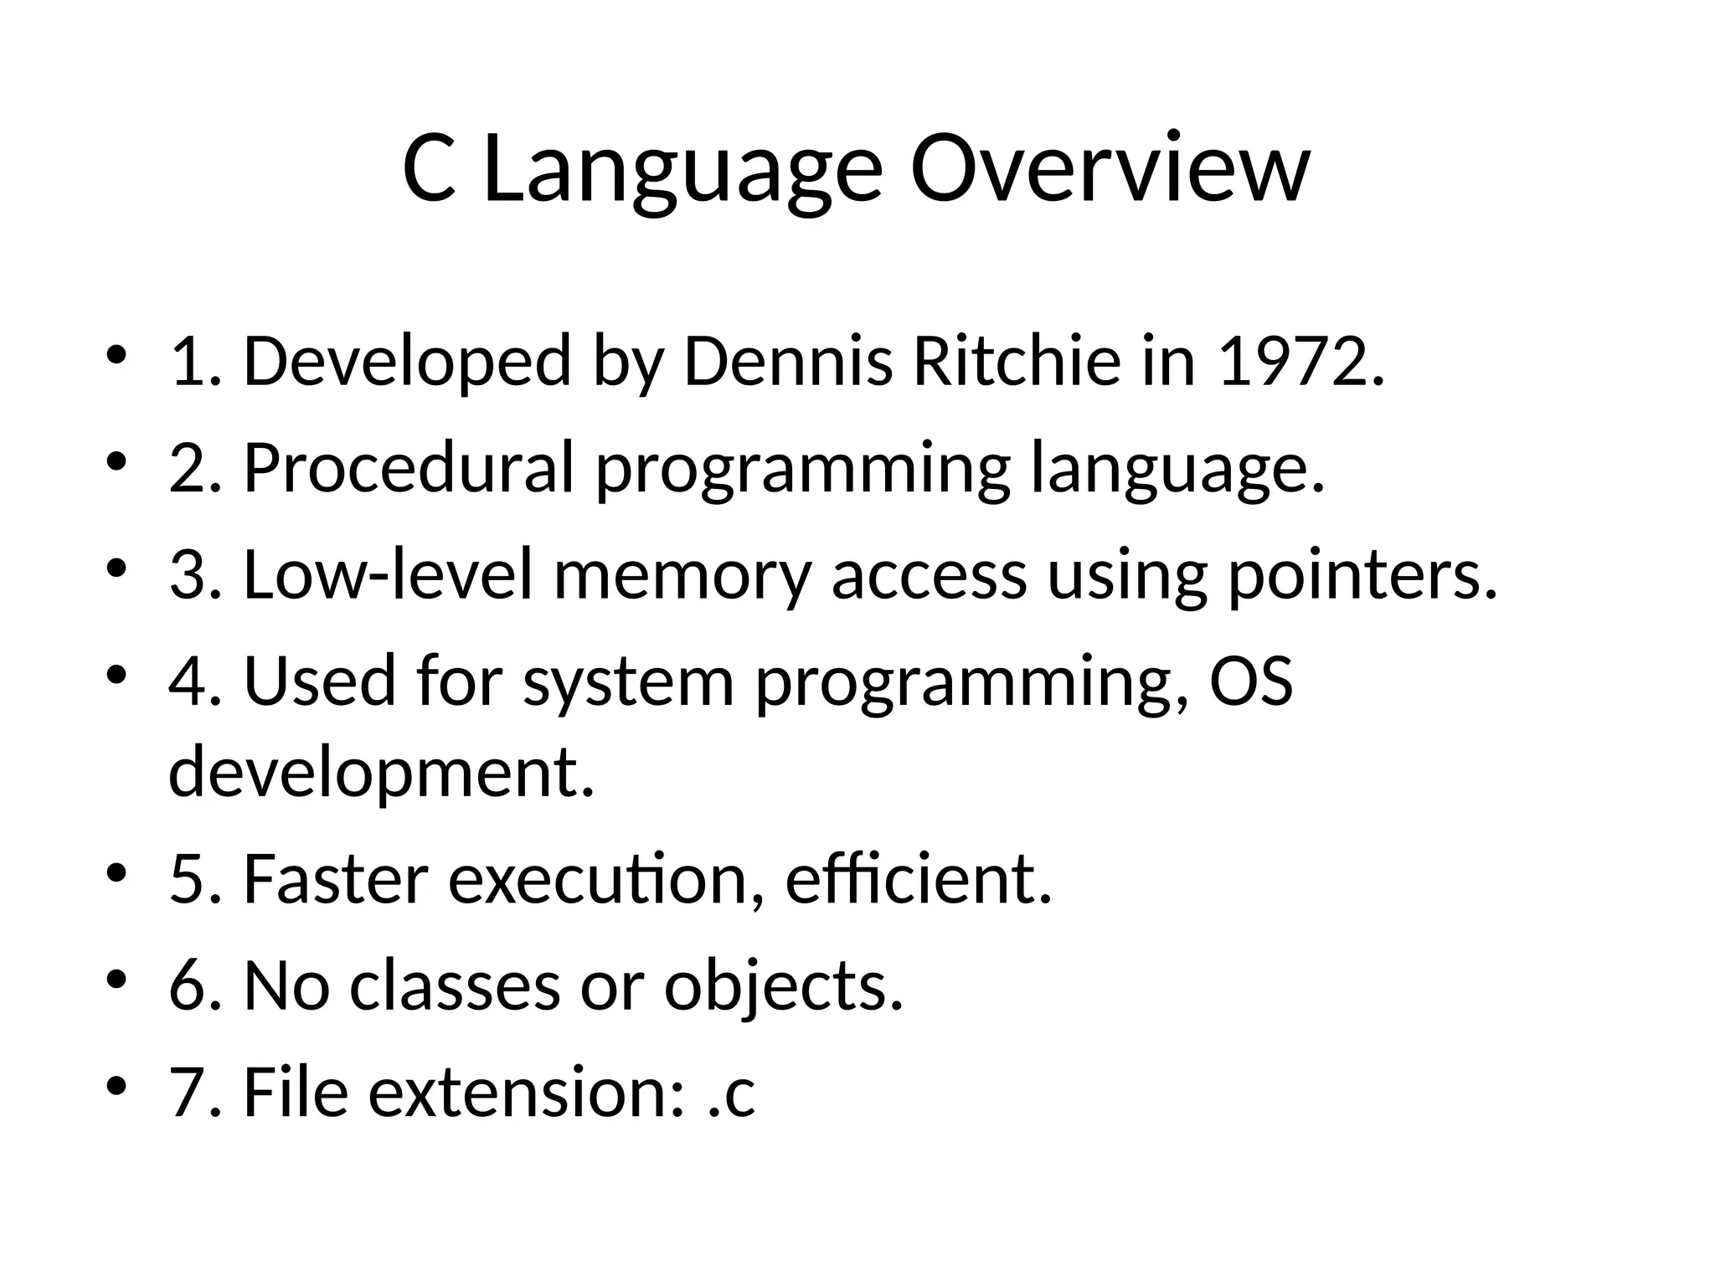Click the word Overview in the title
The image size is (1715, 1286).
1109,169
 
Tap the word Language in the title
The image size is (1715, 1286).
682,169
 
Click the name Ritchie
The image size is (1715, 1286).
1016,362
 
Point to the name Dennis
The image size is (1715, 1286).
788,362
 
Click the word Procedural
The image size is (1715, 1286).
409,468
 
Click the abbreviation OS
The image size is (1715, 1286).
1251,681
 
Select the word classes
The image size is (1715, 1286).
455,986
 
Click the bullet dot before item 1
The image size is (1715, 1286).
116,354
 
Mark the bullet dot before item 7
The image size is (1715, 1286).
116,1085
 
